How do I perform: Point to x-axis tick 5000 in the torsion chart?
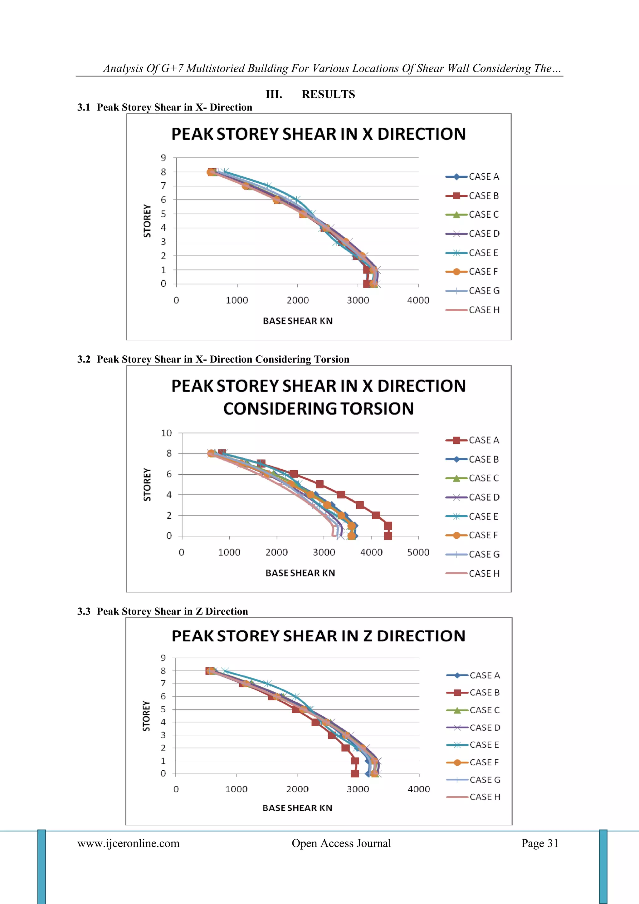[x=418, y=552]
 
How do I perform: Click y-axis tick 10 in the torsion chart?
[x=166, y=433]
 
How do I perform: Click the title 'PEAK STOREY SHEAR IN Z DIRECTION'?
[x=318, y=636]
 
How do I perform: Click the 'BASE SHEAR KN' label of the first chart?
[x=297, y=321]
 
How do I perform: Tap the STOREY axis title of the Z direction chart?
[x=146, y=716]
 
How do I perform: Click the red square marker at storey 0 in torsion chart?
[x=388, y=536]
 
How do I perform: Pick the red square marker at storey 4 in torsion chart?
[x=341, y=495]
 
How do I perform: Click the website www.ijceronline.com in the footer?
[x=128, y=843]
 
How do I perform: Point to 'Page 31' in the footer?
[x=539, y=843]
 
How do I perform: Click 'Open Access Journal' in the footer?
[x=341, y=843]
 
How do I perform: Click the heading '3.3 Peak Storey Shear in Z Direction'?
[x=163, y=611]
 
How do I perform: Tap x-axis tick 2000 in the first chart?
[x=297, y=300]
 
